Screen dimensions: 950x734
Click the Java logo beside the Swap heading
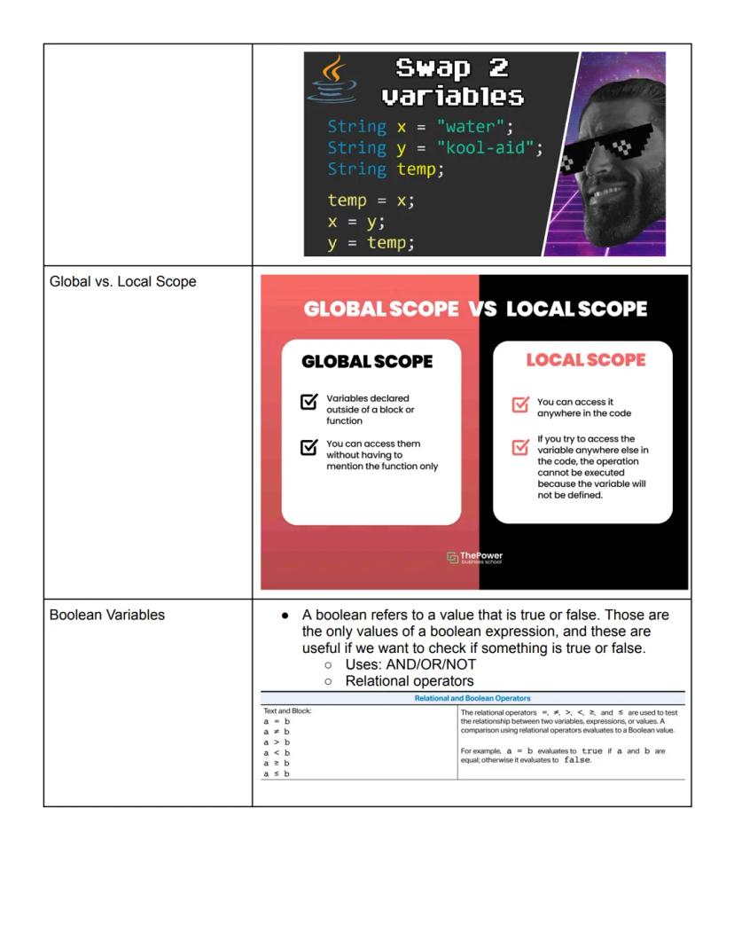pos(333,79)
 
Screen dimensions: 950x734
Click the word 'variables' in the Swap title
pos(452,95)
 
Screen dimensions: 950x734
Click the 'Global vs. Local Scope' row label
pos(123,282)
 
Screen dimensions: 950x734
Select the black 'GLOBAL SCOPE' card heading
pos(367,362)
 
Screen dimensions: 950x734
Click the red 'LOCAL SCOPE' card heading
pos(585,359)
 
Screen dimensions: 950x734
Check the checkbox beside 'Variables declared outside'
pos(308,403)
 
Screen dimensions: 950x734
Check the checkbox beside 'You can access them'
pos(308,447)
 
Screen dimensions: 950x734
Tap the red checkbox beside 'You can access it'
pos(520,404)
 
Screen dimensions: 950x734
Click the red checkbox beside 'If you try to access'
pos(520,447)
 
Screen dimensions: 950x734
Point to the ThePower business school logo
pos(476,557)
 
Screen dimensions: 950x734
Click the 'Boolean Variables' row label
pos(107,614)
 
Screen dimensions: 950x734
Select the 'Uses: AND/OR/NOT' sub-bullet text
pos(410,664)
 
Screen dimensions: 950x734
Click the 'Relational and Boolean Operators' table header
pos(472,699)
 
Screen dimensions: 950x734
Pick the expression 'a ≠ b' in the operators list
pos(277,732)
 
